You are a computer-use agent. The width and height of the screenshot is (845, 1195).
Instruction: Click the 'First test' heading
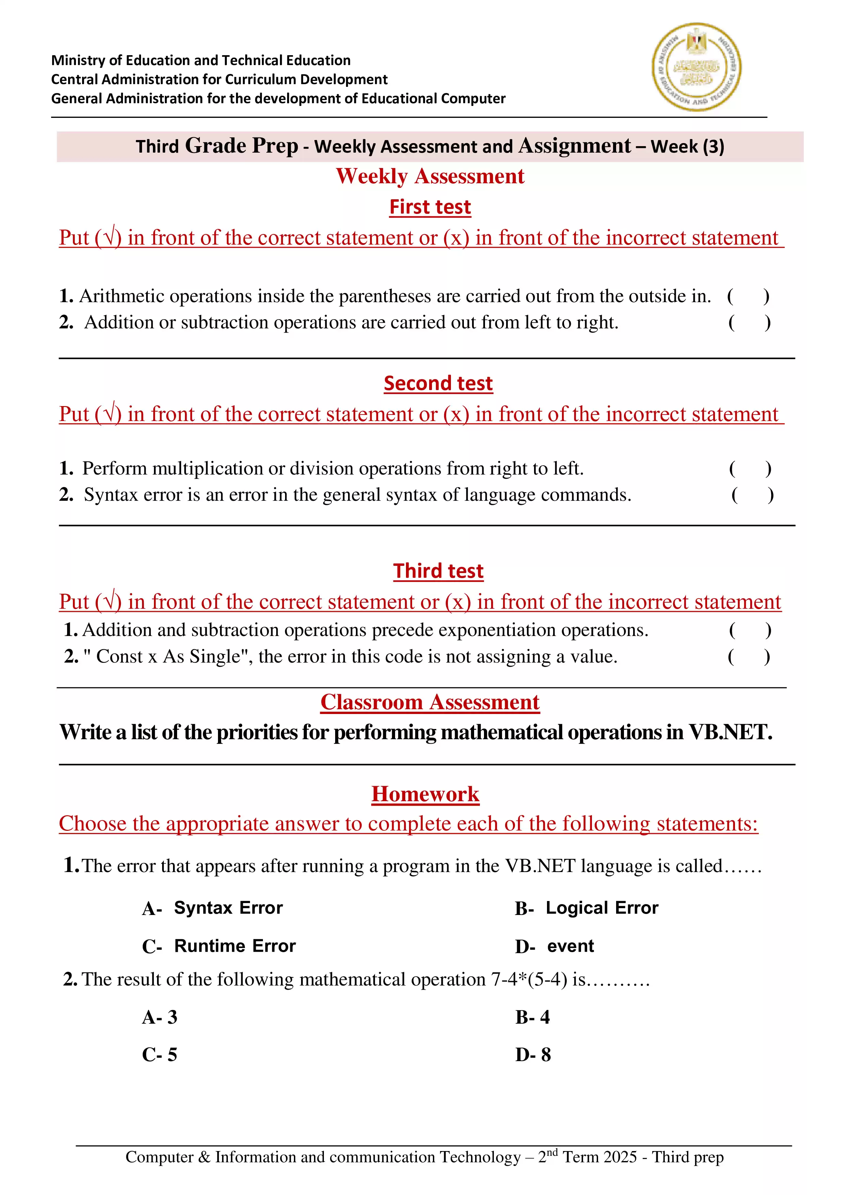430,207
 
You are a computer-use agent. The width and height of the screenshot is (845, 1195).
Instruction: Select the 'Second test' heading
438,384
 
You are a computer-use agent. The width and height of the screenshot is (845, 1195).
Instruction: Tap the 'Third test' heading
438,571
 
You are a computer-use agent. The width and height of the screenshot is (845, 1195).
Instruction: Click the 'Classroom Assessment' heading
430,702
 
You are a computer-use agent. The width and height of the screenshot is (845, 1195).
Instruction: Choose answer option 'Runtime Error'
235,946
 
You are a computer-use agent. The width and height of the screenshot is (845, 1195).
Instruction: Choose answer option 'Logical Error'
601,908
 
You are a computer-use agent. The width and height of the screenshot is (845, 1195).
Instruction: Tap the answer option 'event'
570,946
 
